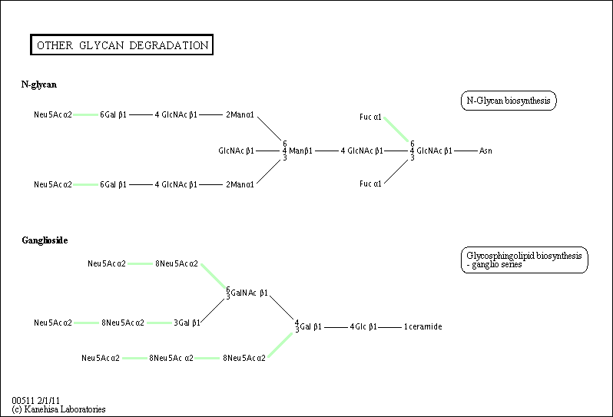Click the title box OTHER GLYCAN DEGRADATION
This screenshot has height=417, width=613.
click(121, 45)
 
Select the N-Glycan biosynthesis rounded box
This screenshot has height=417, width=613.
click(509, 101)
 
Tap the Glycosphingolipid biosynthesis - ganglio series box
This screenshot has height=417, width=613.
click(524, 260)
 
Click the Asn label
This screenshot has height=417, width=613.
click(485, 151)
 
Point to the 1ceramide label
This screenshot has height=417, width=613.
click(422, 326)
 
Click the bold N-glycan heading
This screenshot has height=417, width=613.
click(39, 84)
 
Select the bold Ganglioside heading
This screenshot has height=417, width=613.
click(45, 240)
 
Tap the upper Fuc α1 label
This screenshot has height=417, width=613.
click(370, 117)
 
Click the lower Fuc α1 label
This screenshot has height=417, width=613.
click(370, 184)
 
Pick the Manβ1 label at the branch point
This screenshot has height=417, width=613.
click(300, 151)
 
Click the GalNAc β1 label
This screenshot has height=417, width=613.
click(250, 293)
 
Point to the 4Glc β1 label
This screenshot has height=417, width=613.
click(363, 326)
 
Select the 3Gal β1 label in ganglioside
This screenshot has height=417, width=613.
click(187, 323)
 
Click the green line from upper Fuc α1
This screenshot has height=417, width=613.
click(396, 129)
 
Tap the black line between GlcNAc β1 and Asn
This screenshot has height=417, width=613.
click(466, 151)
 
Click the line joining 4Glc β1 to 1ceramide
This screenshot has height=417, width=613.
click(390, 326)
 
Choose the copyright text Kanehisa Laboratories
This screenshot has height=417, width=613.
click(58, 409)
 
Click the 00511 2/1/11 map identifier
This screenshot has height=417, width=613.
click(35, 401)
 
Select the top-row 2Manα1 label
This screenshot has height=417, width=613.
click(240, 115)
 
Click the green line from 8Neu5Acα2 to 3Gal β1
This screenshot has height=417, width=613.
click(160, 323)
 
